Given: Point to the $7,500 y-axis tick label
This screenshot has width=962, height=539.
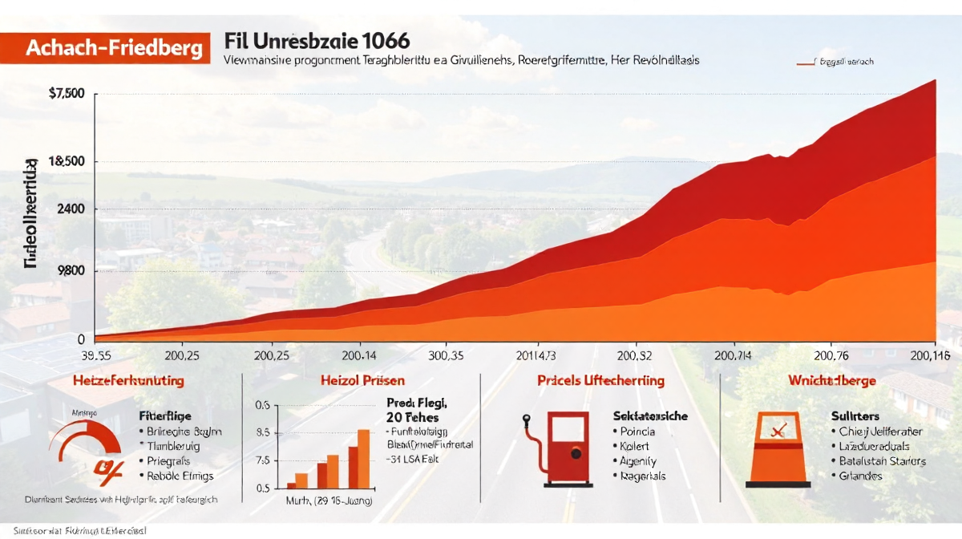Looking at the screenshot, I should [67, 94].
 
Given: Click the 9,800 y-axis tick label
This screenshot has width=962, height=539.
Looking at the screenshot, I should [71, 271].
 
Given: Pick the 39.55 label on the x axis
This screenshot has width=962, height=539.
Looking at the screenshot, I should [95, 355].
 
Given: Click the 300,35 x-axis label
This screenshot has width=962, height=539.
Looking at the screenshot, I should [446, 355].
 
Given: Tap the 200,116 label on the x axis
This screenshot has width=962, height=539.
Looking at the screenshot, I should [929, 355].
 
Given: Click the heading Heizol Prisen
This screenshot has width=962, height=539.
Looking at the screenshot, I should [362, 380].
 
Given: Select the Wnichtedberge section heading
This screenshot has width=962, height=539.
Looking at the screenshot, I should [831, 380].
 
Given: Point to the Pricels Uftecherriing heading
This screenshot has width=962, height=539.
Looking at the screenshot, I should [600, 380].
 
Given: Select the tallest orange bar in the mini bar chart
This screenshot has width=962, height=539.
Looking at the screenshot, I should [363, 459].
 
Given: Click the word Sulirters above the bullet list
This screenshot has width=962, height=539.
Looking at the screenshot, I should [855, 416].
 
